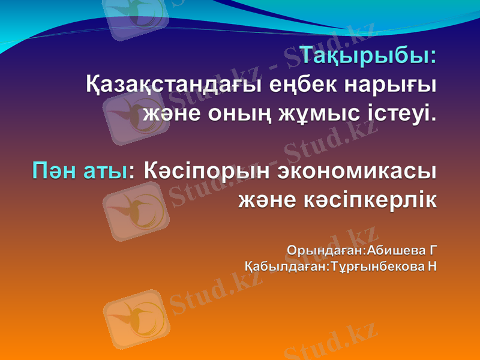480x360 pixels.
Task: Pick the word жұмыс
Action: click(x=320, y=112)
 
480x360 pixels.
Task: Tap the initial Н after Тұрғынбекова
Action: click(x=431, y=265)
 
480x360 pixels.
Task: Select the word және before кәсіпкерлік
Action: click(x=267, y=199)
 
